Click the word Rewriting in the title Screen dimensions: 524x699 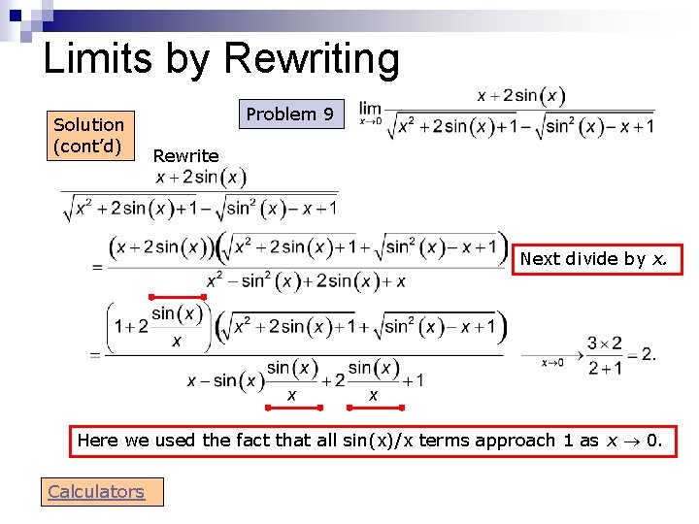[x=312, y=60]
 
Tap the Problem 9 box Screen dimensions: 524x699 [x=289, y=115]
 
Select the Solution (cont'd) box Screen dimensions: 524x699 [x=88, y=135]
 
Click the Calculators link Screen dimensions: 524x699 [x=96, y=492]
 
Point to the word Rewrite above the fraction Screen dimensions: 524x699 [x=185, y=155]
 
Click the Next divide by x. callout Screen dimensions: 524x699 [x=593, y=259]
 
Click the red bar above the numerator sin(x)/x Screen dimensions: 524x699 [x=176, y=297]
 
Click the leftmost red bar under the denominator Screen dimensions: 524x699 [x=292, y=407]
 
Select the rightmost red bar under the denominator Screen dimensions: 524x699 [x=374, y=407]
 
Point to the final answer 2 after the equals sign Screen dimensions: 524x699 [x=649, y=354]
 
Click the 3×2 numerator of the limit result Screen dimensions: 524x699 [x=604, y=344]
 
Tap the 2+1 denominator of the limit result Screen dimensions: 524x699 [x=604, y=368]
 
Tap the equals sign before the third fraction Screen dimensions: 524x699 [x=94, y=356]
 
